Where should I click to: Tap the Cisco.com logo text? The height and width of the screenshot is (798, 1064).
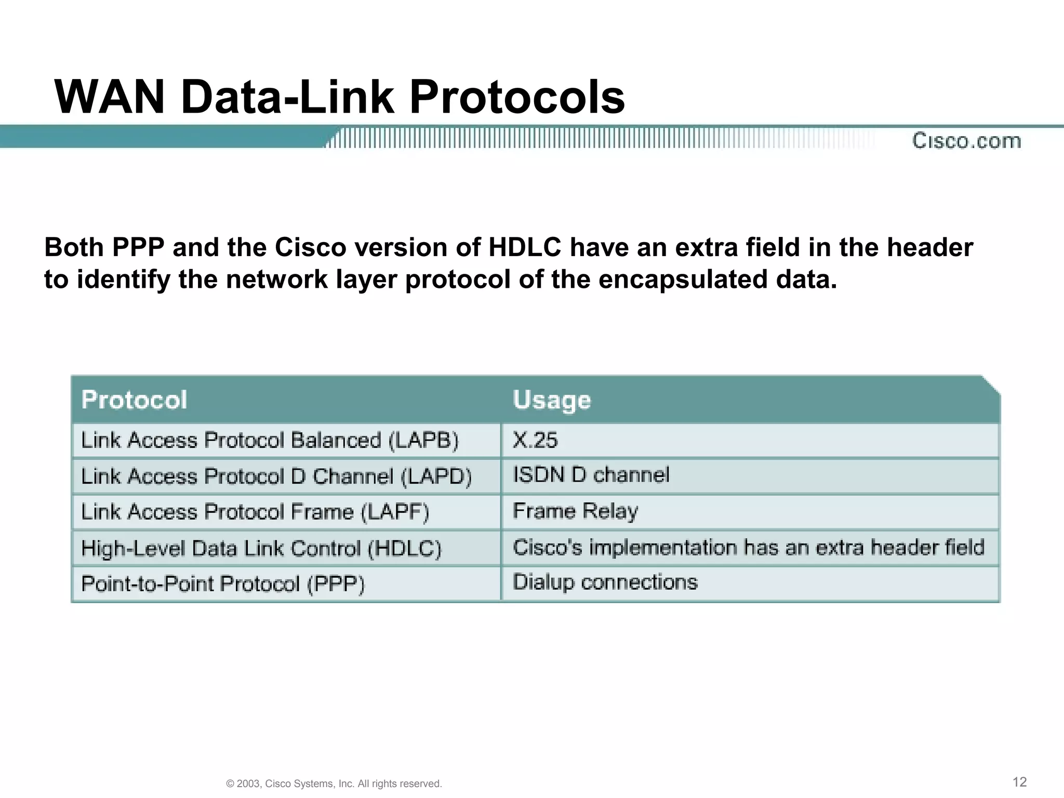coord(966,141)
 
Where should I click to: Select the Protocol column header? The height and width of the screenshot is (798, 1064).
coord(134,400)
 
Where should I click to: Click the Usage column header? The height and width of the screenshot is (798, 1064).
coord(552,400)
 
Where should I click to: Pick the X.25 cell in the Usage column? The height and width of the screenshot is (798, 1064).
coord(535,440)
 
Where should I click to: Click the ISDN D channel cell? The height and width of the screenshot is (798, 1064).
coord(591,475)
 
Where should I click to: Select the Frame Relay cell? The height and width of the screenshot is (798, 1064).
coord(575,511)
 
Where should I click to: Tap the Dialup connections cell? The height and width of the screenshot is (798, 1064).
coord(605,582)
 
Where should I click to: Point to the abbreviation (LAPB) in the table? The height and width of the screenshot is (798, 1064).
coord(423,441)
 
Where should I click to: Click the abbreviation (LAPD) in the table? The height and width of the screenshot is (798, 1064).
coord(436,476)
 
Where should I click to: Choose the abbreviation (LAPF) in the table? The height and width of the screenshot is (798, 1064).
coord(395,512)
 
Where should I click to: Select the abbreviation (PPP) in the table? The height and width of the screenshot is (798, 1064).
coord(336,584)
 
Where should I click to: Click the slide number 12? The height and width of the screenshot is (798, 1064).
coord(1019,782)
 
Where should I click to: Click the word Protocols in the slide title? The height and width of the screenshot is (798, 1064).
coord(517,97)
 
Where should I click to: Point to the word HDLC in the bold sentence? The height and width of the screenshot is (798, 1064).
coord(525,247)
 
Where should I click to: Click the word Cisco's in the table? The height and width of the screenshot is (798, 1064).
coord(547,548)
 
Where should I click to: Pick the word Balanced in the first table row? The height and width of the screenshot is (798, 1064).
coord(336,441)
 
